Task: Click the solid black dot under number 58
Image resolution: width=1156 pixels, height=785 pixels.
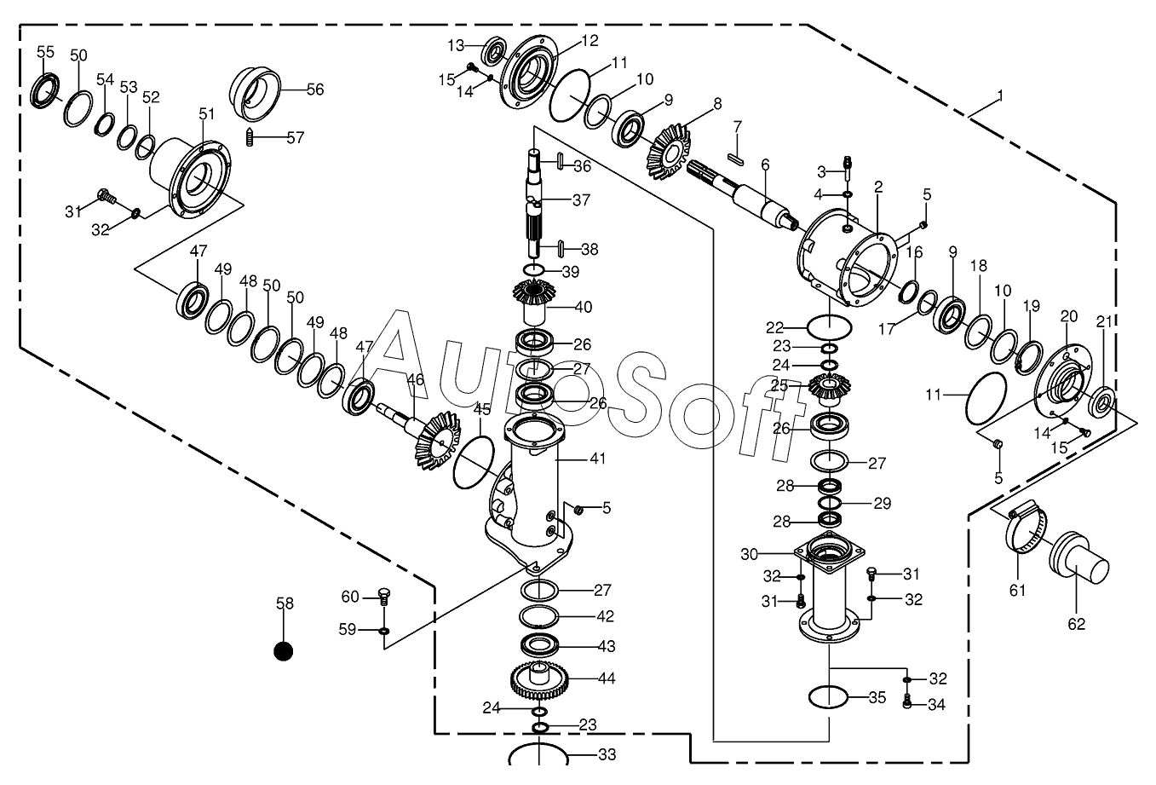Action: [283, 651]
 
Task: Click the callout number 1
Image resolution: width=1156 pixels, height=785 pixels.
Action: [1000, 95]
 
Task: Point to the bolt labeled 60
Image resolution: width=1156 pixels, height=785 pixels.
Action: [382, 597]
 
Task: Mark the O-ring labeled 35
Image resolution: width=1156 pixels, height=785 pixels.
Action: [828, 697]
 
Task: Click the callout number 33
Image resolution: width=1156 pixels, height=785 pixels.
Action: [607, 754]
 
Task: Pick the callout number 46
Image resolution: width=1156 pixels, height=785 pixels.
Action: [416, 380]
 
